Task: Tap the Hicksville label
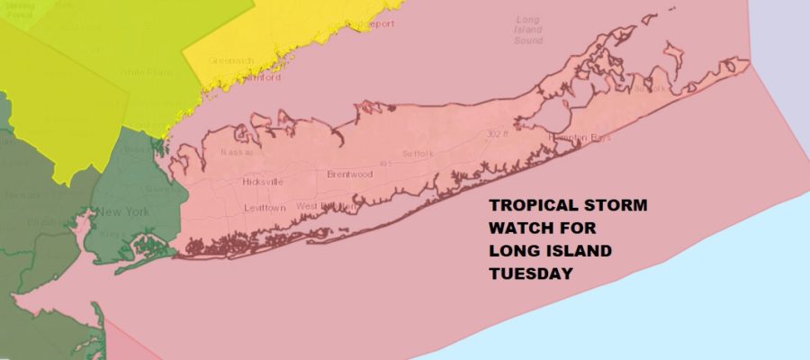pos(263,182)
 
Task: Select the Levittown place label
pos(265,208)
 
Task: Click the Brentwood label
pos(349,174)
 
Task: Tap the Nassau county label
pos(237,153)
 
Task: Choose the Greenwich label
pos(227,61)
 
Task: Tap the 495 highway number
pos(388,164)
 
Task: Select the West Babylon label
pos(326,207)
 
